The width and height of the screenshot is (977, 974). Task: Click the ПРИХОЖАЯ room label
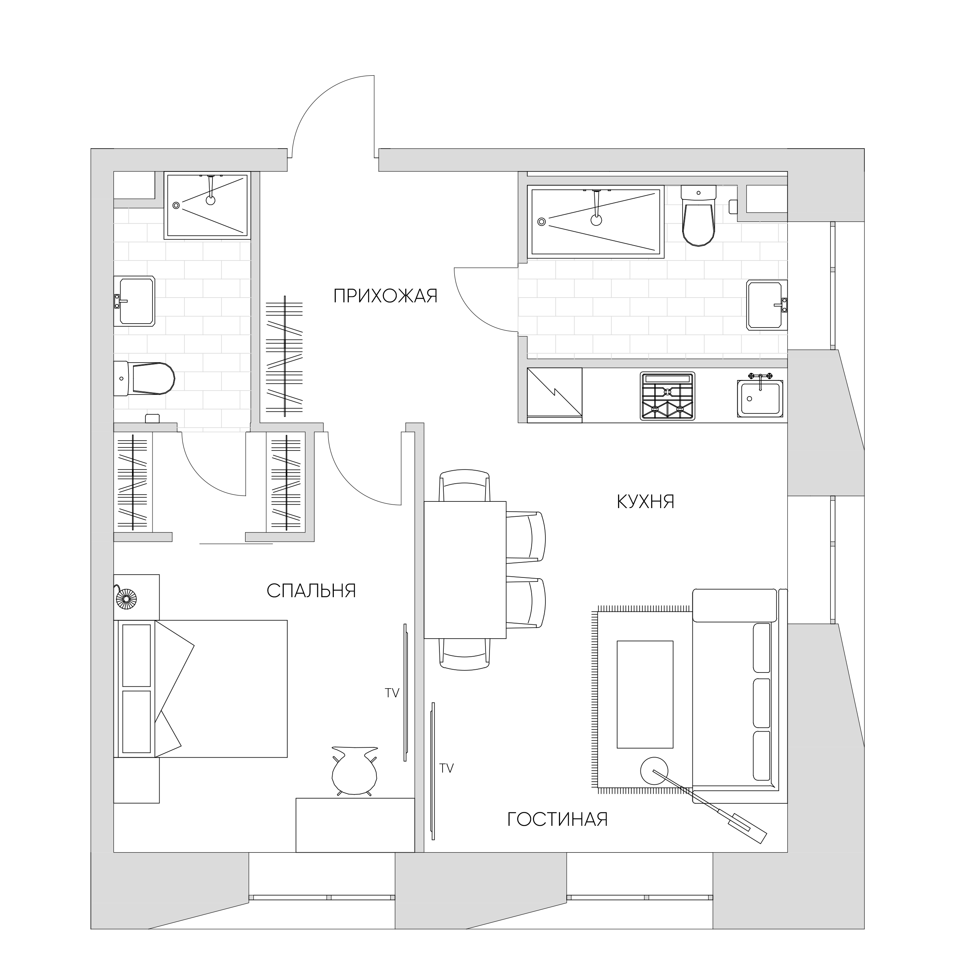pos(385,296)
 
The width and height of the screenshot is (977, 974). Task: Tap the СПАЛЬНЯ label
pos(311,591)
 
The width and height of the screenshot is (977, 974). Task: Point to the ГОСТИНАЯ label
pos(557,819)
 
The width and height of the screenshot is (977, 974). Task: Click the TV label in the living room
pos(446,768)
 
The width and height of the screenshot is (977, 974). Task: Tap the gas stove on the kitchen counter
pos(668,396)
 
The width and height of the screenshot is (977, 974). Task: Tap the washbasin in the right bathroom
pos(766,305)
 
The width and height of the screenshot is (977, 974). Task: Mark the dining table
pos(465,570)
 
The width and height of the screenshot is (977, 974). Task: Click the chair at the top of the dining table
pos(465,486)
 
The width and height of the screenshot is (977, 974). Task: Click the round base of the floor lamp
pos(654,771)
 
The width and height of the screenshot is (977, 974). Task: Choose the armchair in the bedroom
pos(354,772)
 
